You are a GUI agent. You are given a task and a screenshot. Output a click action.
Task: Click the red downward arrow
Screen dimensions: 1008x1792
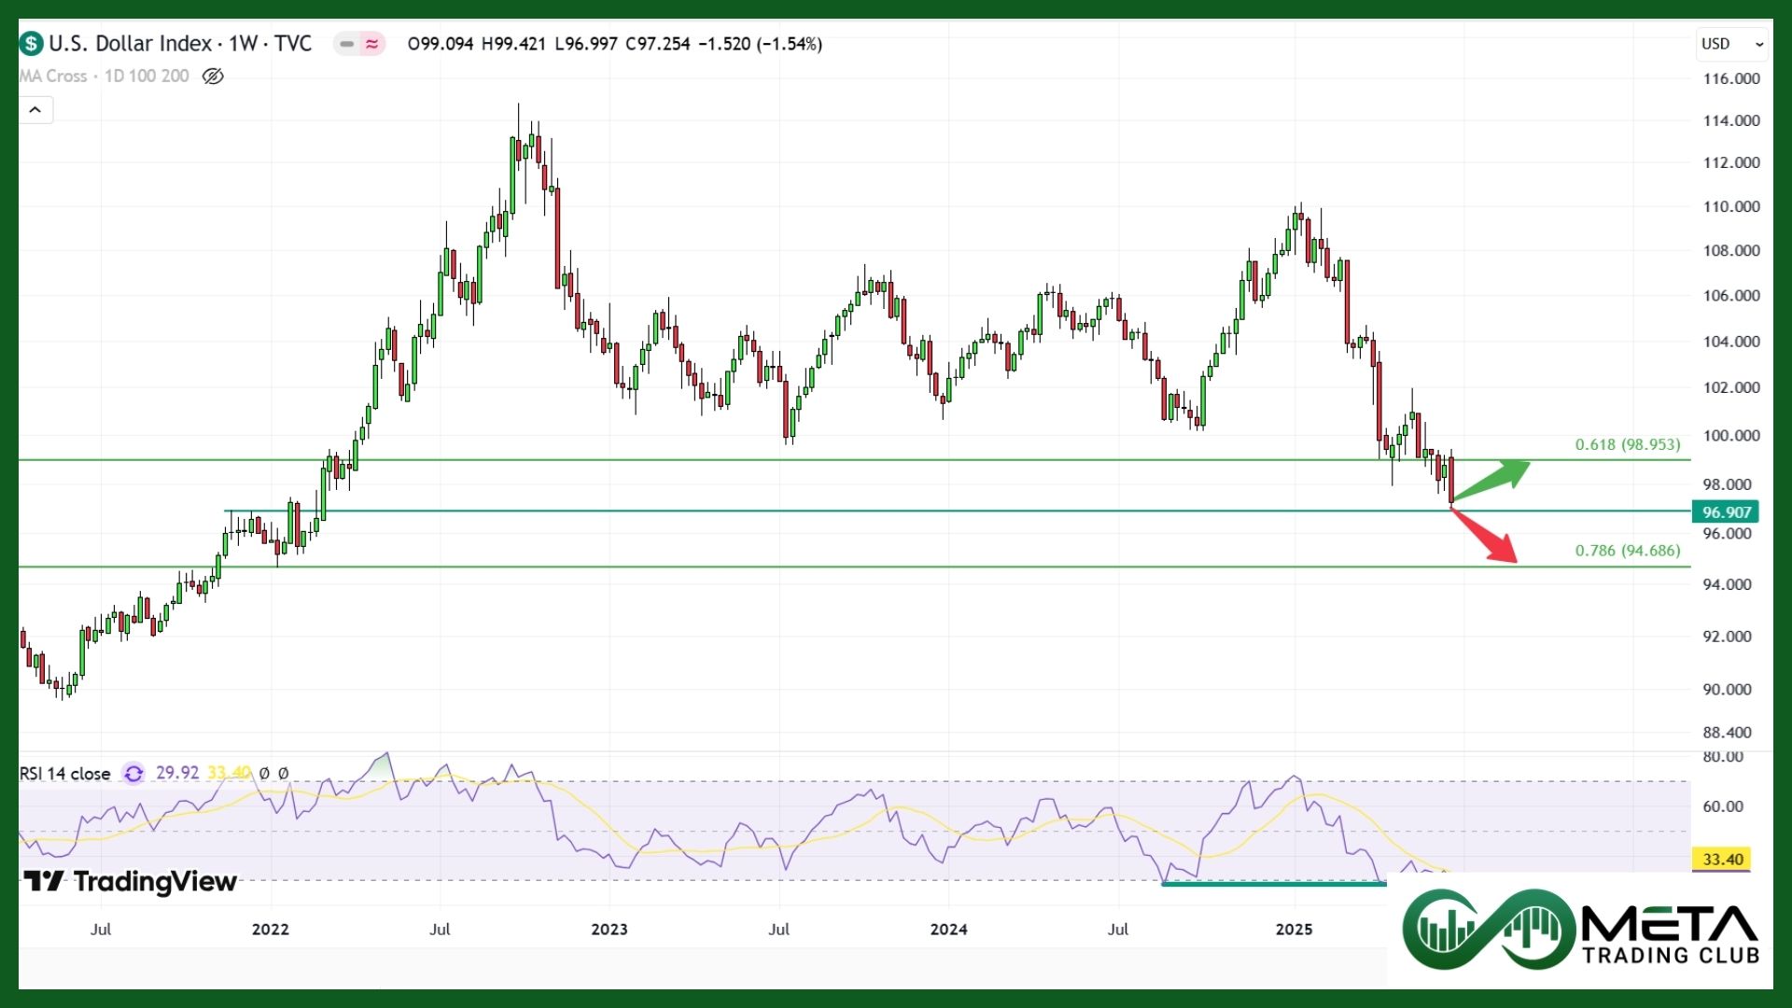[x=1486, y=536]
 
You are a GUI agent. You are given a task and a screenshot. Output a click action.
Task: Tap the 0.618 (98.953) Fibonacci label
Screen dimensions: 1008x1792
[x=1627, y=444]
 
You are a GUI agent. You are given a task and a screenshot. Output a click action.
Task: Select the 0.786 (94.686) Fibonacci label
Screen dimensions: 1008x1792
[x=1627, y=551]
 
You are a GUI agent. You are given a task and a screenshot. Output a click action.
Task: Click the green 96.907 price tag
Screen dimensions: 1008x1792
[x=1726, y=511]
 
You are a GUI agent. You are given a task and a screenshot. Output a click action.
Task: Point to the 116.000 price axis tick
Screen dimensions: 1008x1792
[x=1731, y=78]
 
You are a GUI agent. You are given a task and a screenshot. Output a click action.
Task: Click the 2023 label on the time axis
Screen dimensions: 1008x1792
[x=609, y=929]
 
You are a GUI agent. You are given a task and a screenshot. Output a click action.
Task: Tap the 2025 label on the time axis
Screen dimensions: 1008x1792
[x=1294, y=929]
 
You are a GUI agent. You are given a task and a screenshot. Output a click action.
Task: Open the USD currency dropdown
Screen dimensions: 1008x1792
[x=1731, y=44]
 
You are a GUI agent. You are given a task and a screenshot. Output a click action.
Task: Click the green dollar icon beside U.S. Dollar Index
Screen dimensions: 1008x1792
[x=32, y=44]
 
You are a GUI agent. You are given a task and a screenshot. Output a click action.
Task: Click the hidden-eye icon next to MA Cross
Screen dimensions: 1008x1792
[x=213, y=77]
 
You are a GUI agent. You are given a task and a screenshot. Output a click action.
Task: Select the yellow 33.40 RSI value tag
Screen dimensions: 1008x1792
[x=1722, y=859]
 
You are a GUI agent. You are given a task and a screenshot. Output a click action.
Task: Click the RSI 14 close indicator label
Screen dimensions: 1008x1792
[x=65, y=774]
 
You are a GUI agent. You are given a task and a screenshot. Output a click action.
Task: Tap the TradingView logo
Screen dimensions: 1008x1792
[x=131, y=881]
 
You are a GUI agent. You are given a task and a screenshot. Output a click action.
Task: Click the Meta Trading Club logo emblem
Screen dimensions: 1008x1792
[x=1488, y=929]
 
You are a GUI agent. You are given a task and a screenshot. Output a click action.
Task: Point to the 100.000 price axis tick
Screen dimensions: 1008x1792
[x=1731, y=435]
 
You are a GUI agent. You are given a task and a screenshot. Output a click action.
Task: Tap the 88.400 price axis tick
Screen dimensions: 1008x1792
[x=1727, y=733]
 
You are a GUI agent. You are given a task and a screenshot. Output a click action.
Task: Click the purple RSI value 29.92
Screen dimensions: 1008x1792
[x=177, y=773]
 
